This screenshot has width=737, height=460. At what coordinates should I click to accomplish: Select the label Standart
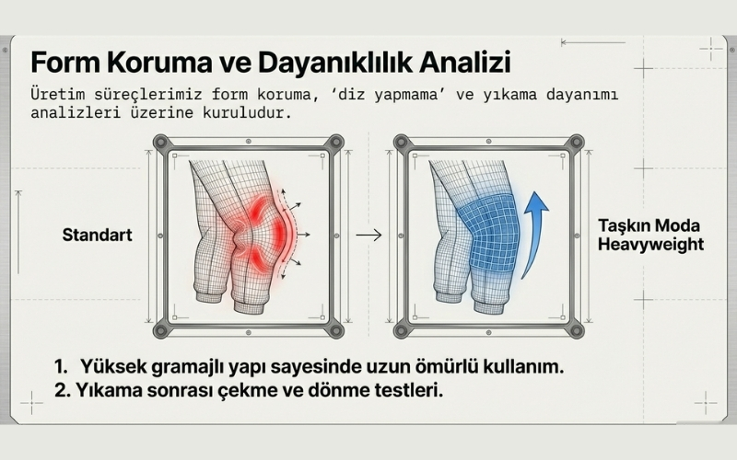coord(98,235)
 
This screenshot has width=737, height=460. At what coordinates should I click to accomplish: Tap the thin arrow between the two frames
coord(368,236)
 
